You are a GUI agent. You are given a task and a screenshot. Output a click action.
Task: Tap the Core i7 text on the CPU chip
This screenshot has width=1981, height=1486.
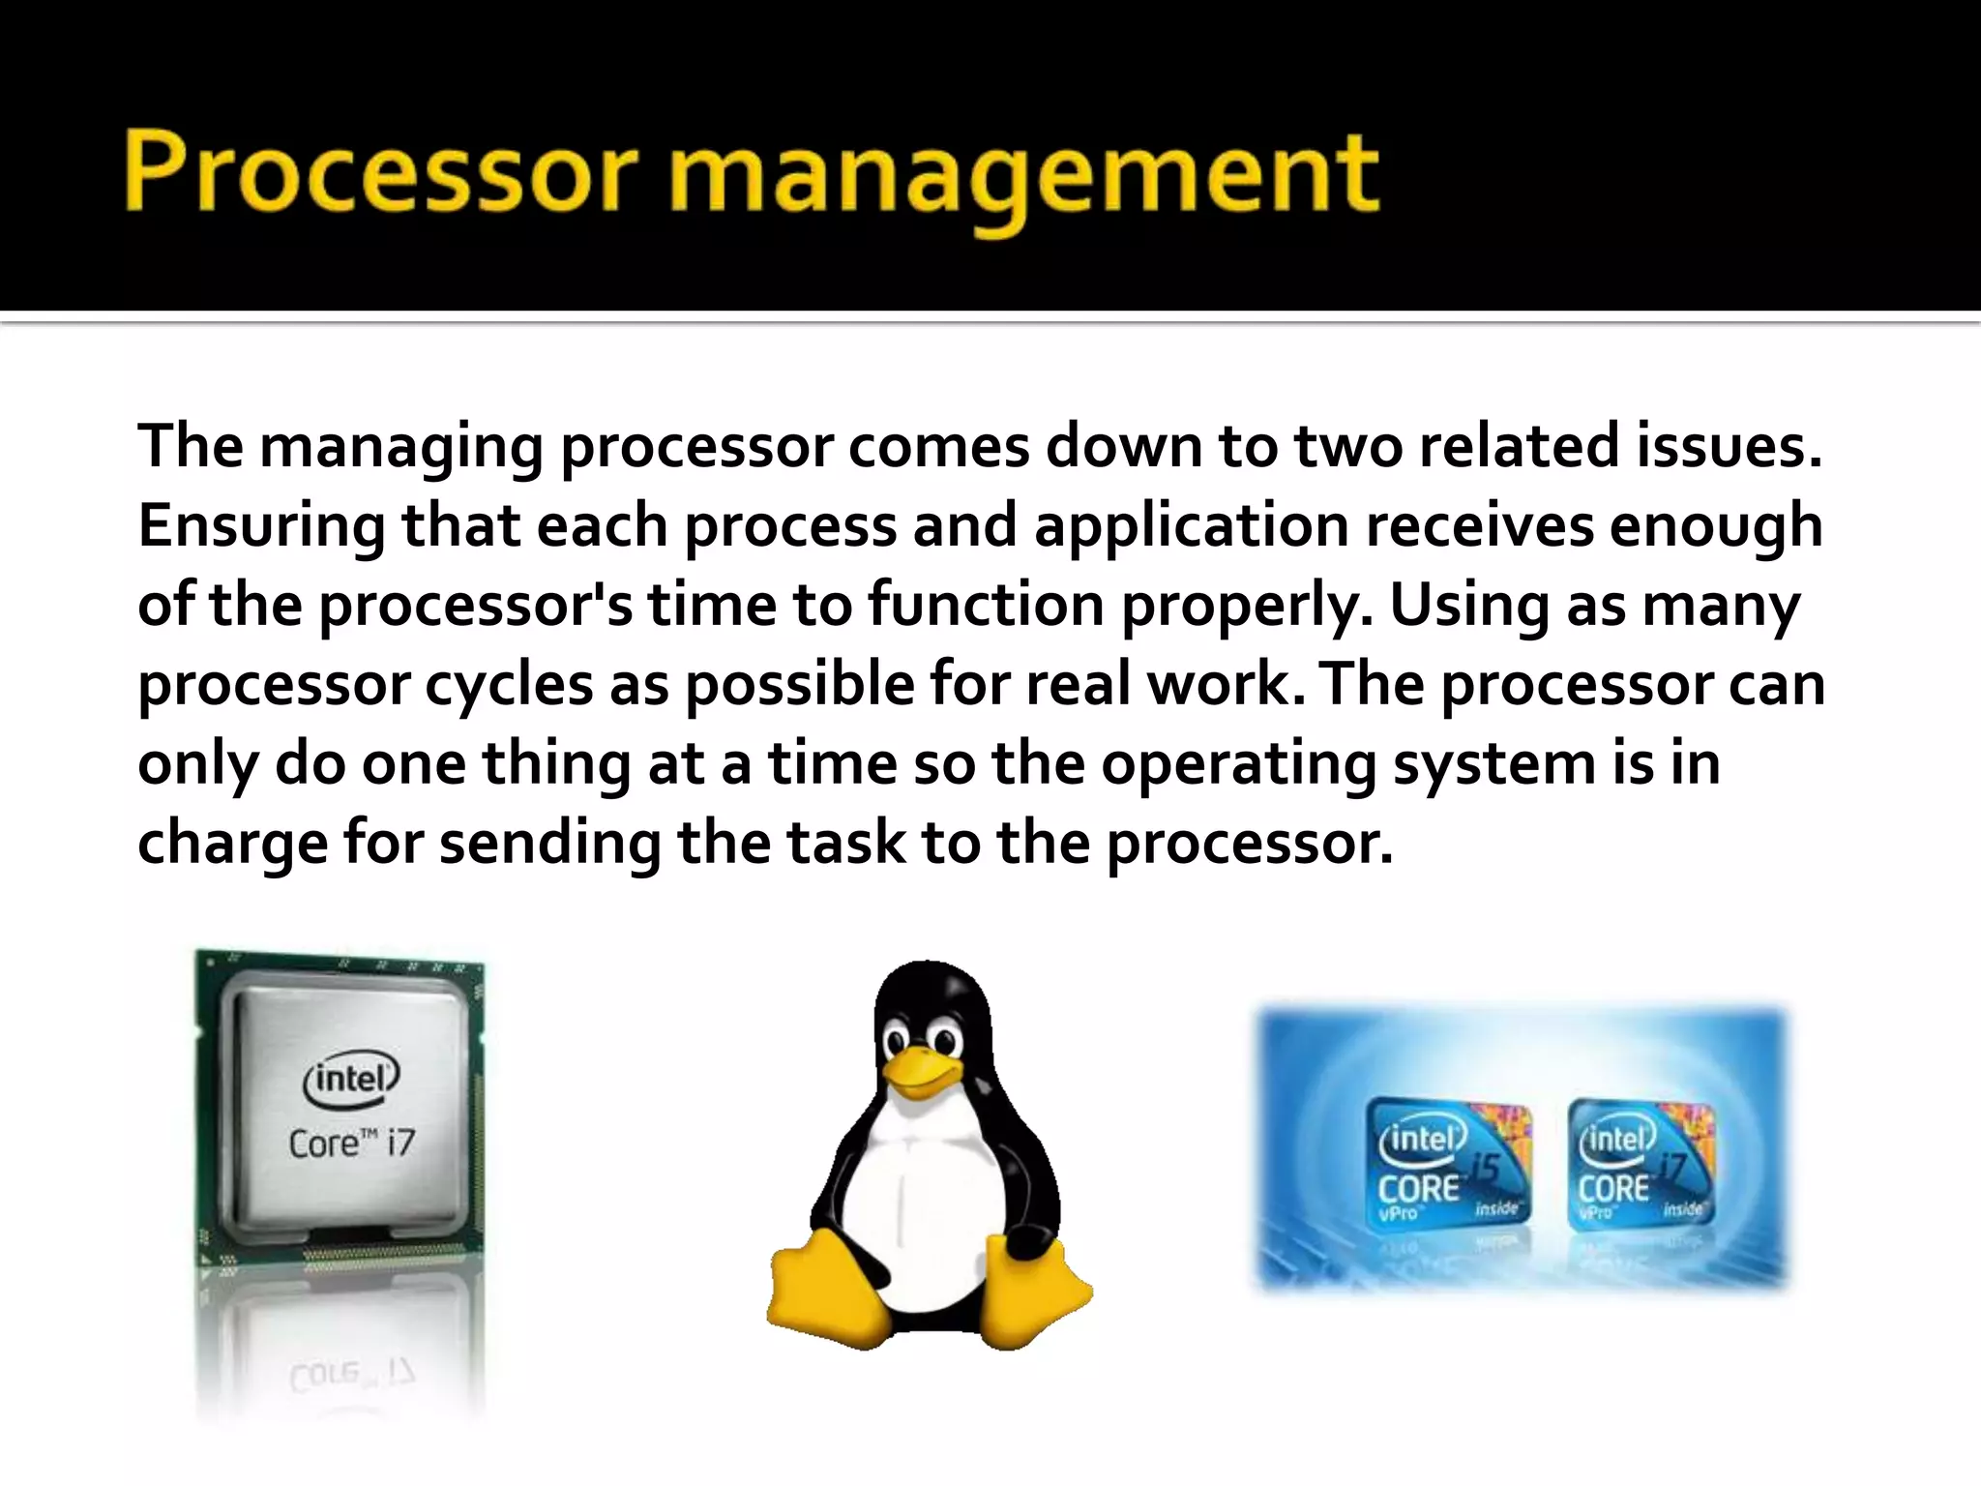[351, 1144]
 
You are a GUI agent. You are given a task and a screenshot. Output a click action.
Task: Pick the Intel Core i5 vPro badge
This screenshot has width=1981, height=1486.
[1449, 1165]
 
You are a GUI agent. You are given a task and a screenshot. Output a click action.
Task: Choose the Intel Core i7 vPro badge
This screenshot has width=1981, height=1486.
[1641, 1165]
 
